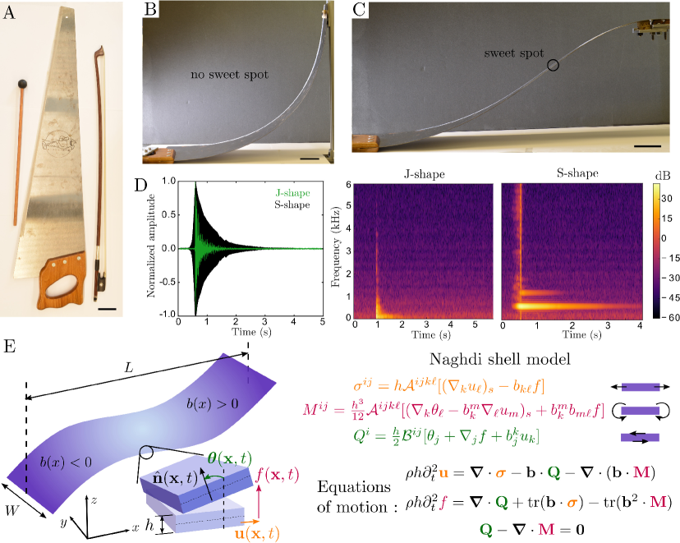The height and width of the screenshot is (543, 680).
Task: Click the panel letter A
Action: (10, 11)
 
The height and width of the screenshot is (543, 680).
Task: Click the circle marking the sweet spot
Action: (554, 66)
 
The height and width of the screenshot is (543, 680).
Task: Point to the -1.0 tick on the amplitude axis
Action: (168, 315)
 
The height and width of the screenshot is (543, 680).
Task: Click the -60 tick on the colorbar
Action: (669, 315)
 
